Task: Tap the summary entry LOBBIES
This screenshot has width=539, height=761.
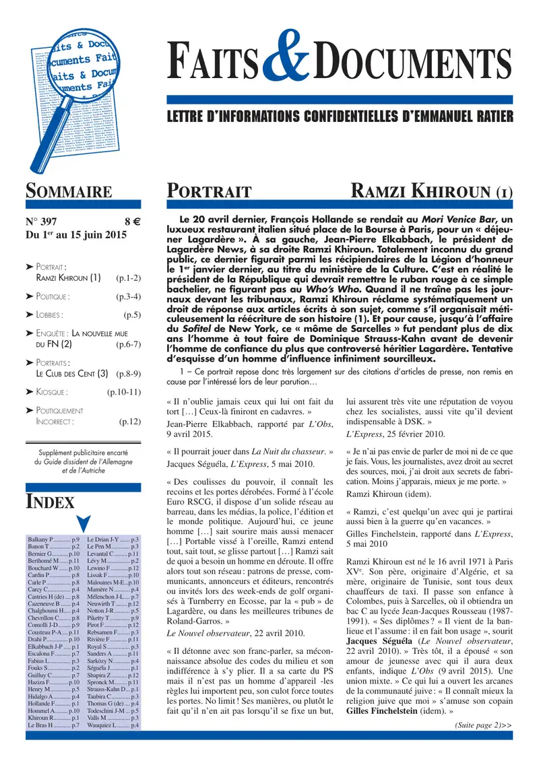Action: pyautogui.click(x=50, y=315)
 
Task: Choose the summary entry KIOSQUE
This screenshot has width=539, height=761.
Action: pyautogui.click(x=51, y=391)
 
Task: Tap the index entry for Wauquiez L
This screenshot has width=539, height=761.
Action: pyautogui.click(x=113, y=725)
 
